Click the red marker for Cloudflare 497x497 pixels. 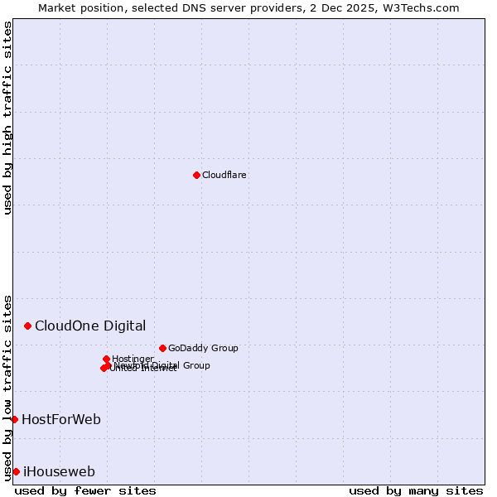[196, 175]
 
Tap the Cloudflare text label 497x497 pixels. [224, 175]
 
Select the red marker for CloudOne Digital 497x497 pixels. [27, 326]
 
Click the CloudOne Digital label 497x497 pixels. [90, 326]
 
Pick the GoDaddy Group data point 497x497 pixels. [162, 348]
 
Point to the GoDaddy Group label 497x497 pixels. [203, 348]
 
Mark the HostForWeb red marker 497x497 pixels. [14, 419]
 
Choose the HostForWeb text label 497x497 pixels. [61, 419]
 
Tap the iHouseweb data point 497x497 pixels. [16, 471]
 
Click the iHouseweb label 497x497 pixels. [59, 472]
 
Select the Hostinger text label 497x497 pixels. [133, 359]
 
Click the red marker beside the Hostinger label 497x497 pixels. [106, 359]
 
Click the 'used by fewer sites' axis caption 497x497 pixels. [85, 490]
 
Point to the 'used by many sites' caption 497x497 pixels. [416, 490]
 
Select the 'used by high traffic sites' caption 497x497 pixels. [8, 118]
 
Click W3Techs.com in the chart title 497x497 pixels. [423, 7]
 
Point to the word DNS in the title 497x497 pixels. [185, 7]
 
